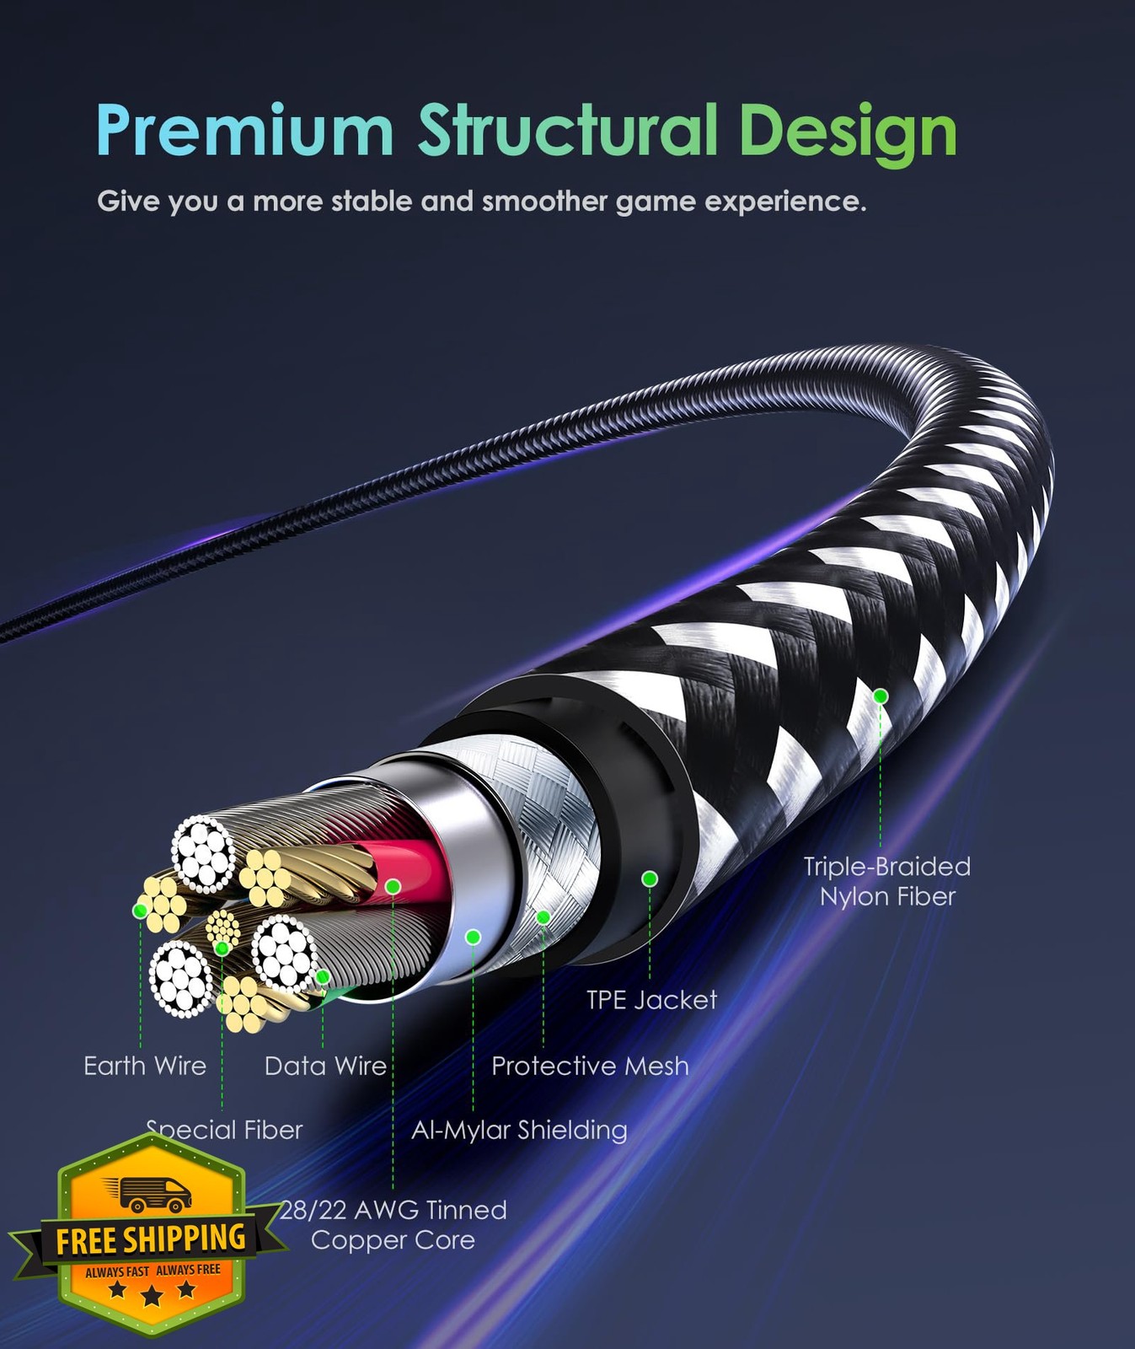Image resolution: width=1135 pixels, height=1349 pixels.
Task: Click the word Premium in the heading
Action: [x=245, y=130]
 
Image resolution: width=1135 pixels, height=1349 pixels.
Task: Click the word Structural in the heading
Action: [x=568, y=130]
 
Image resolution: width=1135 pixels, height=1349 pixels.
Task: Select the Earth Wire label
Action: [x=145, y=1066]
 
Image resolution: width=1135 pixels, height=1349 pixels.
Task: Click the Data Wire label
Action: [x=325, y=1066]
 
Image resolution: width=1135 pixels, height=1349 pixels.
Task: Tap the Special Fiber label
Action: [x=225, y=1130]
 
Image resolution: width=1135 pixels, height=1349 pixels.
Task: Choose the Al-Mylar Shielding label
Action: [x=519, y=1131]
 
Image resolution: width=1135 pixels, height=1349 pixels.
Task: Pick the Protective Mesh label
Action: [x=590, y=1066]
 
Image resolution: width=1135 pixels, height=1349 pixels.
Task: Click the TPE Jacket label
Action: [x=651, y=1000]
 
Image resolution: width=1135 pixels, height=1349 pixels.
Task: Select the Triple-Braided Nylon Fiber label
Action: [x=886, y=881]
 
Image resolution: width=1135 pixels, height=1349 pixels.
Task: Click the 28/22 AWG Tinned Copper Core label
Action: [x=394, y=1225]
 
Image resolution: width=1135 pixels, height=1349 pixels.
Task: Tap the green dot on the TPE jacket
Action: [x=649, y=879]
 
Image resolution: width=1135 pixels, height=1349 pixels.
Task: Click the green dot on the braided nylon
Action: [x=881, y=696]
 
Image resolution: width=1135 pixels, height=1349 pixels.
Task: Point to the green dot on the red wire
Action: [x=393, y=886]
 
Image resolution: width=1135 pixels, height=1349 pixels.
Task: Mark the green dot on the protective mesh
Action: [x=543, y=916]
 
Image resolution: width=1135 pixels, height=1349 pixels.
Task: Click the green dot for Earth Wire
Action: [x=141, y=911]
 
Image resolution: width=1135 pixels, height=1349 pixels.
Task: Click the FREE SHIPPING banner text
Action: [x=151, y=1239]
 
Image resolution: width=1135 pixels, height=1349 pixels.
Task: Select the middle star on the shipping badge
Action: [x=152, y=1295]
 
